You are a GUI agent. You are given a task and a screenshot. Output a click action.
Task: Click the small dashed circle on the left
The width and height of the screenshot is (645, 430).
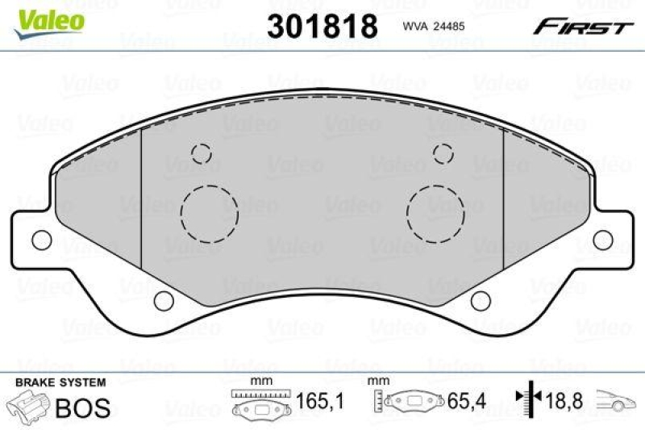tap(200, 153)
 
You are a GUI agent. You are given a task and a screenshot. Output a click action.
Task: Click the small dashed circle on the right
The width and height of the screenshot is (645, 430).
tap(443, 153)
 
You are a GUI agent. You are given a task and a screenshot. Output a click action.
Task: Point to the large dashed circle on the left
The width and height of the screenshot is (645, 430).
tap(209, 214)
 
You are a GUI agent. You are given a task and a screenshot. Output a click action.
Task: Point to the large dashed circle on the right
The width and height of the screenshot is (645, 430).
tap(435, 214)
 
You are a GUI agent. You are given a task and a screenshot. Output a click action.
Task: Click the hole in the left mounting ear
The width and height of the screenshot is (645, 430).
tap(39, 240)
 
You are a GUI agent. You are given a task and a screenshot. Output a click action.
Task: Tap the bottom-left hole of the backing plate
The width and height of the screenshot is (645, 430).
tap(164, 301)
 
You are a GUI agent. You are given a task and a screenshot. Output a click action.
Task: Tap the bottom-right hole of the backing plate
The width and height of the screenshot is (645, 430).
tap(480, 301)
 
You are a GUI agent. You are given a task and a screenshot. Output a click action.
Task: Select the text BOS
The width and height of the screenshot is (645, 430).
tap(82, 407)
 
